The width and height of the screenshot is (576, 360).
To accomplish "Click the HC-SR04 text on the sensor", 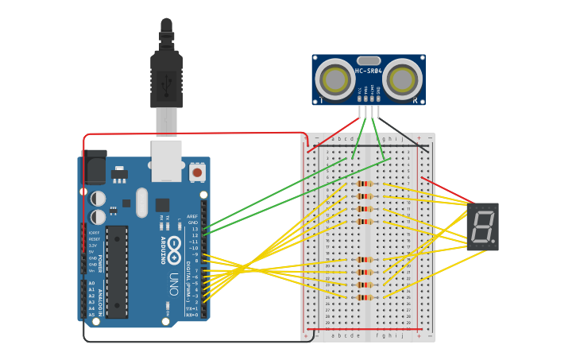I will coord(369,72).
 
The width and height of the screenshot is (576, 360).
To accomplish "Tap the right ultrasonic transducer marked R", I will coord(404,80).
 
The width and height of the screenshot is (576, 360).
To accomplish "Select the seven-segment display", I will coord(482,226).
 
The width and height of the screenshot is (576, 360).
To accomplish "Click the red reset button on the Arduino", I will coord(196,171).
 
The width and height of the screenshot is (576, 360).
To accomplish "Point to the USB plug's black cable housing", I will coord(166,79).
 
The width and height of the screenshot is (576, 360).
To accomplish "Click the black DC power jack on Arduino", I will coord(93,168).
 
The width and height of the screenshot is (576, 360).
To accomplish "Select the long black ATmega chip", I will coord(117,270).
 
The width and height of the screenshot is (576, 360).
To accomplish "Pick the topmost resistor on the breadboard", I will coord(365,184).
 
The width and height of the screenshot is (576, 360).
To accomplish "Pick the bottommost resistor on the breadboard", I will coord(365,297).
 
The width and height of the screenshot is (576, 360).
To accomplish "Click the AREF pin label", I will coord(191,216).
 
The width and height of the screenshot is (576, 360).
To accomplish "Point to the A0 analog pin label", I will coord(91,283).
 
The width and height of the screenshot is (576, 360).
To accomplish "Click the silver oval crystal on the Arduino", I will coord(142,202).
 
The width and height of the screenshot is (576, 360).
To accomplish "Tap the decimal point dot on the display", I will coord(493,242).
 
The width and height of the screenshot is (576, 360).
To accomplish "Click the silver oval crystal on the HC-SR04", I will coord(369,60).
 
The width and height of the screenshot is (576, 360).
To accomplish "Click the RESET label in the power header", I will coord(94,238).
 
